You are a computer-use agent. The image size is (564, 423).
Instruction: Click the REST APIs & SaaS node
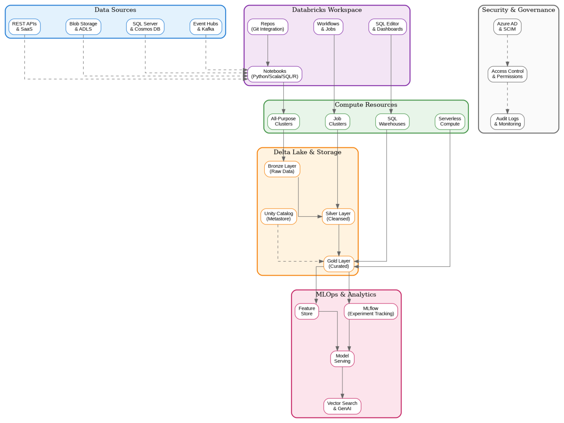pyautogui.click(x=24, y=26)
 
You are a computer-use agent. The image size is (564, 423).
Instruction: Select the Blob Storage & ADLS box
pyautogui.click(x=83, y=26)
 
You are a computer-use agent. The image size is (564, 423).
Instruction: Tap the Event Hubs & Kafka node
pyautogui.click(x=206, y=26)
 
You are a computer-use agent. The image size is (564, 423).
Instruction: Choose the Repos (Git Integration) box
pyautogui.click(x=268, y=26)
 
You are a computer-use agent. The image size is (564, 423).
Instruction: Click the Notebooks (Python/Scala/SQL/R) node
pyautogui.click(x=275, y=74)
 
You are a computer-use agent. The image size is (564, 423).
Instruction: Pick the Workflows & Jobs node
pyautogui.click(x=328, y=26)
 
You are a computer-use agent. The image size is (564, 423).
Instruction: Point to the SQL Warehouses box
pyautogui.click(x=392, y=121)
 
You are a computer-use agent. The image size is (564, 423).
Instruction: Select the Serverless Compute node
pyautogui.click(x=450, y=121)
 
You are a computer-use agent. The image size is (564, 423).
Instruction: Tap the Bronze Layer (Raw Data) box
pyautogui.click(x=282, y=169)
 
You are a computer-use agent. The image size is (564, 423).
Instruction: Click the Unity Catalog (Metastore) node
pyautogui.click(x=279, y=216)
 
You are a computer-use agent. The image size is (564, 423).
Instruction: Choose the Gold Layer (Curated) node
pyautogui.click(x=339, y=264)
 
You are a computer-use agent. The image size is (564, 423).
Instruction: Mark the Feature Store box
pyautogui.click(x=307, y=311)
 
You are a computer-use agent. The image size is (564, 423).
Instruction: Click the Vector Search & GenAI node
pyautogui.click(x=342, y=406)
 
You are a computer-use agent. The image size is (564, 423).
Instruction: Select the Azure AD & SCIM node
pyautogui.click(x=507, y=26)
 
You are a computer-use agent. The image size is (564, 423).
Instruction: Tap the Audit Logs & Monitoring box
pyautogui.click(x=507, y=121)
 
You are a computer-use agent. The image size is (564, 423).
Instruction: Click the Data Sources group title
pyautogui.click(x=115, y=10)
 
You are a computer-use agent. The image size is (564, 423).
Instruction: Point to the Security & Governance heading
pyautogui.click(x=518, y=10)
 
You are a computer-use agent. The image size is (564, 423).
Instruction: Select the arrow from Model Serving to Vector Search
pyautogui.click(x=342, y=382)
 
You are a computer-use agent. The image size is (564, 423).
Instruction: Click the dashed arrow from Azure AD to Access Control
pyautogui.click(x=507, y=50)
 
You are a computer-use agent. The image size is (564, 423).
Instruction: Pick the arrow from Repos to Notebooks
pyautogui.click(x=268, y=50)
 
